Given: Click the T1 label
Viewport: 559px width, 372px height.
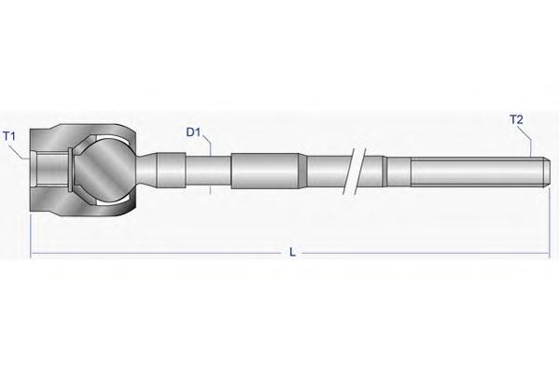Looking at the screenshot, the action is (x=9, y=136).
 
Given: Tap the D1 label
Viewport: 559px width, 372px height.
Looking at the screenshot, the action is (x=193, y=132).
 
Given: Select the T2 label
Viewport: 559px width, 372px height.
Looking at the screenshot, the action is (x=516, y=119).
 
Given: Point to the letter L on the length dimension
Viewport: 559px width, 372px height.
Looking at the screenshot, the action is (x=292, y=253).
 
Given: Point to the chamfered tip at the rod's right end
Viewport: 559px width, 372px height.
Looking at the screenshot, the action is (x=545, y=172).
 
